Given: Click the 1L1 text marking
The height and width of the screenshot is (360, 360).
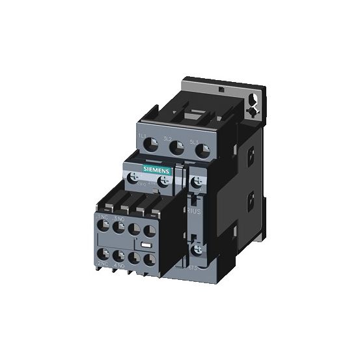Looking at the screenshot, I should (x=141, y=135).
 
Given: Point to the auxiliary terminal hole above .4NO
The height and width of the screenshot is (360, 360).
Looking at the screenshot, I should (x=118, y=256).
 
